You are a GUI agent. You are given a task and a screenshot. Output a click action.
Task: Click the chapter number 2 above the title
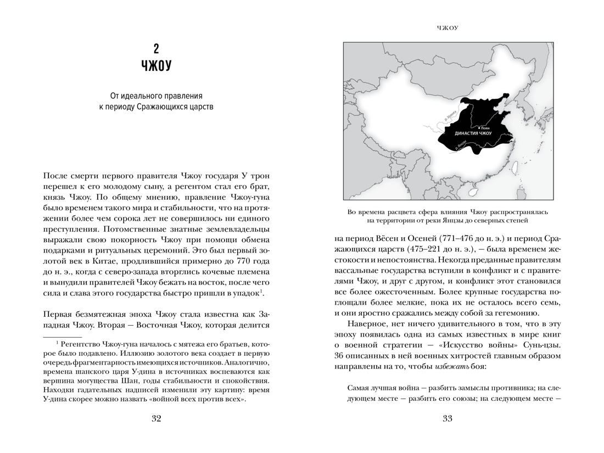[156, 49]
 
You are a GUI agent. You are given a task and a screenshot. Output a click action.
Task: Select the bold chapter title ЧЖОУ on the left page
[156, 66]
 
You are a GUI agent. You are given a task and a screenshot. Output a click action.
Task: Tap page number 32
[156, 419]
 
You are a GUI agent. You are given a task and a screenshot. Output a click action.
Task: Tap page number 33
[447, 419]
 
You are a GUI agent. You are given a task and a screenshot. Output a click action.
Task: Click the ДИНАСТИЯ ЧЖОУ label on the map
[473, 133]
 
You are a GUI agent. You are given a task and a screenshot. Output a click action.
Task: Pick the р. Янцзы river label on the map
[462, 145]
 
